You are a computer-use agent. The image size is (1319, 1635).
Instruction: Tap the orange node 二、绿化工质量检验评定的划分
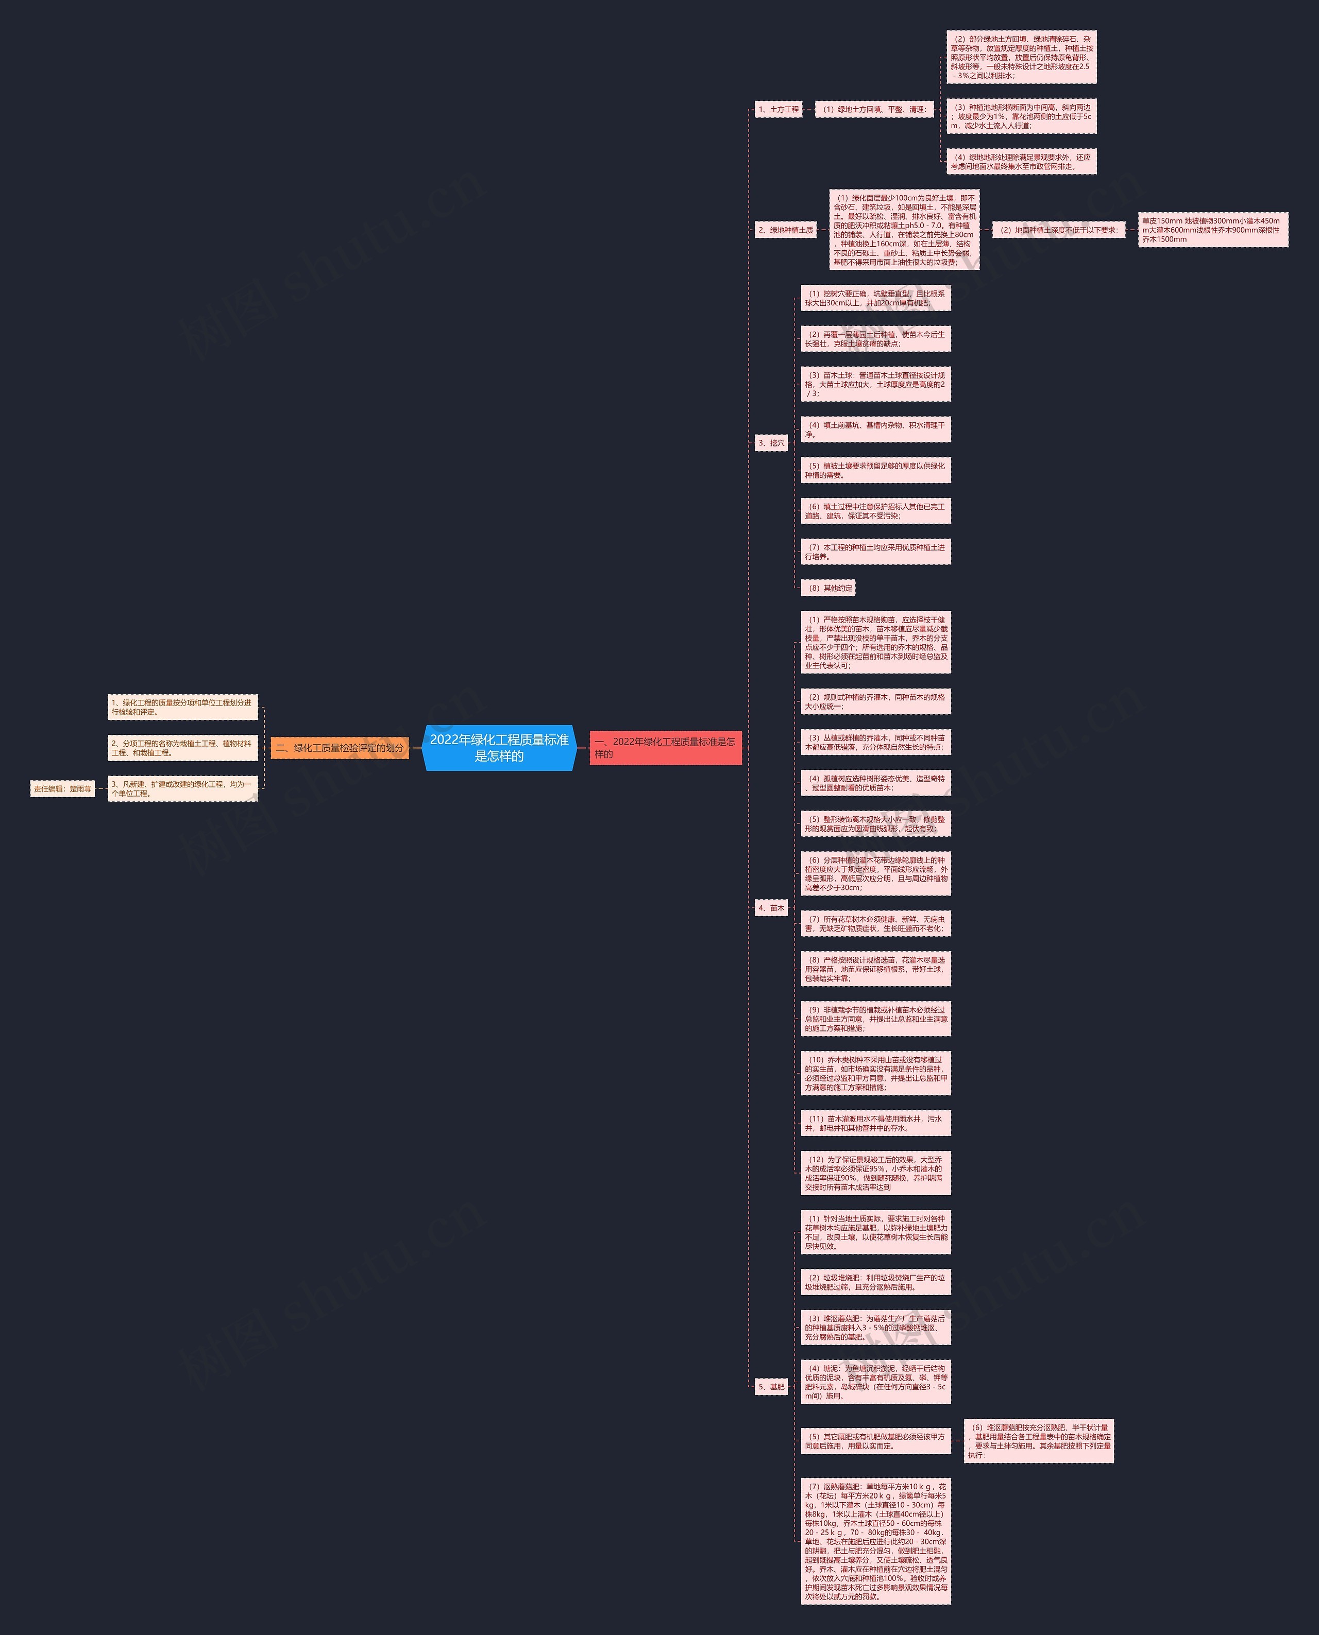340,748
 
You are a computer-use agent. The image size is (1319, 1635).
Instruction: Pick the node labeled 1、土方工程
779,109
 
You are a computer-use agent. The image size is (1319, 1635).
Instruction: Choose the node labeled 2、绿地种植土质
786,230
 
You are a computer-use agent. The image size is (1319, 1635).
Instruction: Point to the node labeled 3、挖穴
771,443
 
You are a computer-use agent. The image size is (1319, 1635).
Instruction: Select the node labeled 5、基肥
771,1387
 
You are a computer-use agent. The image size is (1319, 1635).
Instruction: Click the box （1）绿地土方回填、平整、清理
874,109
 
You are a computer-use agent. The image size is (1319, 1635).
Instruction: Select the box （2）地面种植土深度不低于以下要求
1058,230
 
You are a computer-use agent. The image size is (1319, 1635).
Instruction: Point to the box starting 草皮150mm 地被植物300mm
1213,230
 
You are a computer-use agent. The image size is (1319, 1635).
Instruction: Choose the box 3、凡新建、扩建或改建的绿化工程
182,789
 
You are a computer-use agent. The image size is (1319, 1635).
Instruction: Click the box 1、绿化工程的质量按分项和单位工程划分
182,708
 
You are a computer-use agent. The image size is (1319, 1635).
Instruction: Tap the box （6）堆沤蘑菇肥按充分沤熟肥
1039,1440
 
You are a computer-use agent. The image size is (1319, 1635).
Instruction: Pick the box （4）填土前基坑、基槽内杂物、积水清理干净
875,430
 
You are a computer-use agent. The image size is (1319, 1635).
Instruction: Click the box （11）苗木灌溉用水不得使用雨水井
875,1123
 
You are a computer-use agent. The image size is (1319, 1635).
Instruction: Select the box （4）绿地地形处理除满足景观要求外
1021,162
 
